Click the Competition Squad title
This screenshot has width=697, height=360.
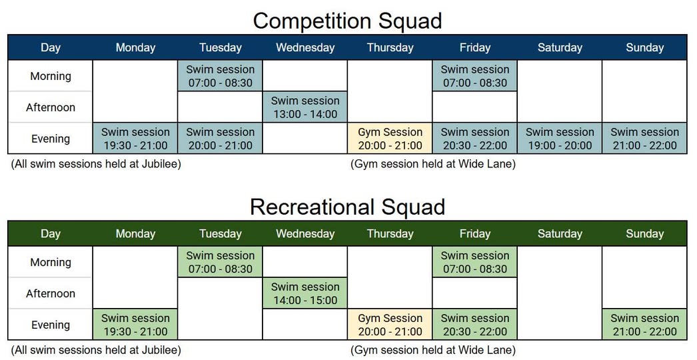coord(347,21)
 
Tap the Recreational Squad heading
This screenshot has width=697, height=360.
coord(347,207)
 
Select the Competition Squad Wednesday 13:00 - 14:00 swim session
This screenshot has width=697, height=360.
coord(305,107)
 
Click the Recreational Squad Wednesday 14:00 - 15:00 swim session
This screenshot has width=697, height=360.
coord(305,293)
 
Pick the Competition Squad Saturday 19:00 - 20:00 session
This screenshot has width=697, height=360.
coord(560,139)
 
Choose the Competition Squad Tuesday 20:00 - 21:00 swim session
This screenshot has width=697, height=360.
coord(220,139)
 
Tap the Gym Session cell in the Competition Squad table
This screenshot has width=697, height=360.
coord(390,139)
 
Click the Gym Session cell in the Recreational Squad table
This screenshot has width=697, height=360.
coord(390,325)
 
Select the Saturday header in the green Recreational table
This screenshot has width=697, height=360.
coord(560,233)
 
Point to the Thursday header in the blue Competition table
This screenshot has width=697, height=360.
coord(390,47)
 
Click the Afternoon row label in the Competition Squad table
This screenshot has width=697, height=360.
coord(50,107)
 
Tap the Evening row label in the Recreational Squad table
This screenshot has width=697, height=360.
coord(50,325)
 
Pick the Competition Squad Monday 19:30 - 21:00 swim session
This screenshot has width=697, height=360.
coord(135,139)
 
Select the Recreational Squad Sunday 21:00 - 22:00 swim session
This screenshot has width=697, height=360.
coord(644,325)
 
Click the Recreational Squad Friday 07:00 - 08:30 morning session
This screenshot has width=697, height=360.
coord(474,262)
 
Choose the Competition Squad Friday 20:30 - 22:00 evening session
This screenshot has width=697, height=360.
coord(474,139)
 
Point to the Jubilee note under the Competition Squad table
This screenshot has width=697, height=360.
coord(96,164)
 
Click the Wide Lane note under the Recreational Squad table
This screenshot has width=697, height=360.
coord(433,350)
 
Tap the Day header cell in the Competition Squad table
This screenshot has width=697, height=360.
coord(50,47)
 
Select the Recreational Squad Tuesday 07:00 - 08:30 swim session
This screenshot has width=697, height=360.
coord(220,262)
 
